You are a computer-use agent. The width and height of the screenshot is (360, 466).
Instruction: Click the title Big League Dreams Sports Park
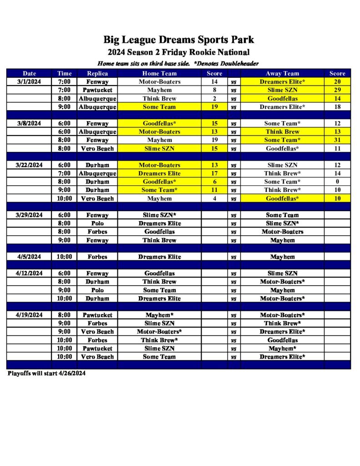coord(178,40)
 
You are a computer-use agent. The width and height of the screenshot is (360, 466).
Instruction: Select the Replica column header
coord(97,73)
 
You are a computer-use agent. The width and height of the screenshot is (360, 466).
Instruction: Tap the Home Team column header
coord(159,73)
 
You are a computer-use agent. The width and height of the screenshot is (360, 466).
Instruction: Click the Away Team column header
coord(282,73)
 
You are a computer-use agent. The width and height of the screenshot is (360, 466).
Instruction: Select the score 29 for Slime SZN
coord(337,90)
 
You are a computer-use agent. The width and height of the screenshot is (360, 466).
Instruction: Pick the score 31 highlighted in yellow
coord(337,140)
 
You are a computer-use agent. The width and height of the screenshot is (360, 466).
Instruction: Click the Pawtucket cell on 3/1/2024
coord(97,90)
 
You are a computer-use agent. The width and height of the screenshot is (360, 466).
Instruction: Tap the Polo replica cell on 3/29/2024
coord(97,223)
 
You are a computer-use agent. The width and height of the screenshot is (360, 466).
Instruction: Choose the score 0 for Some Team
coord(337,182)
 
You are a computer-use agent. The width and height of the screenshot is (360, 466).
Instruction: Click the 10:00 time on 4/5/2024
coord(64,257)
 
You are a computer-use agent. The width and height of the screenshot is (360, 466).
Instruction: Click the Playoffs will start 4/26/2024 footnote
coord(46,374)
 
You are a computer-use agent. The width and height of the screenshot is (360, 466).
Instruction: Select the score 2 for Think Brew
coord(214,98)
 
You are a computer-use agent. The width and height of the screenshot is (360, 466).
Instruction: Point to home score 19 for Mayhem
coord(214,140)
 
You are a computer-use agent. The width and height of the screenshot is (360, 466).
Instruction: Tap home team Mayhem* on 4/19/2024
coord(159,315)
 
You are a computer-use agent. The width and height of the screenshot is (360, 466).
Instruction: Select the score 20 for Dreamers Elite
coord(337,82)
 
